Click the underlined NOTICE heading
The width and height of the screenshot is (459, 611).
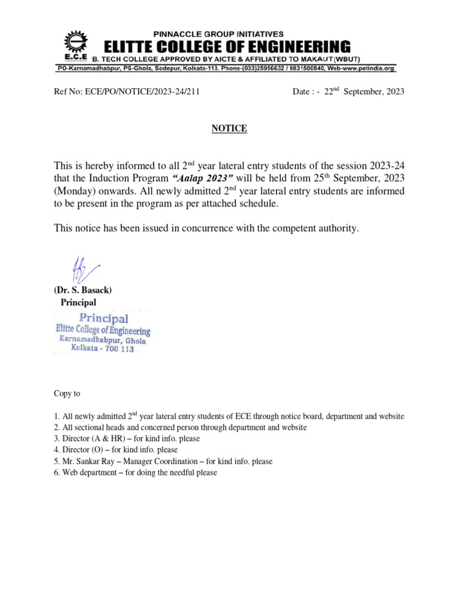[229, 128]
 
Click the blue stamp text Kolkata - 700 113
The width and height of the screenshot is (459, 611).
[103, 348]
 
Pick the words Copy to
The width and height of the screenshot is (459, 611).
[67, 394]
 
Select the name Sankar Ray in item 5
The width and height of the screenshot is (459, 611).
[96, 461]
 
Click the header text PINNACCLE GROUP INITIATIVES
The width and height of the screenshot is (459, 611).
[219, 34]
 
